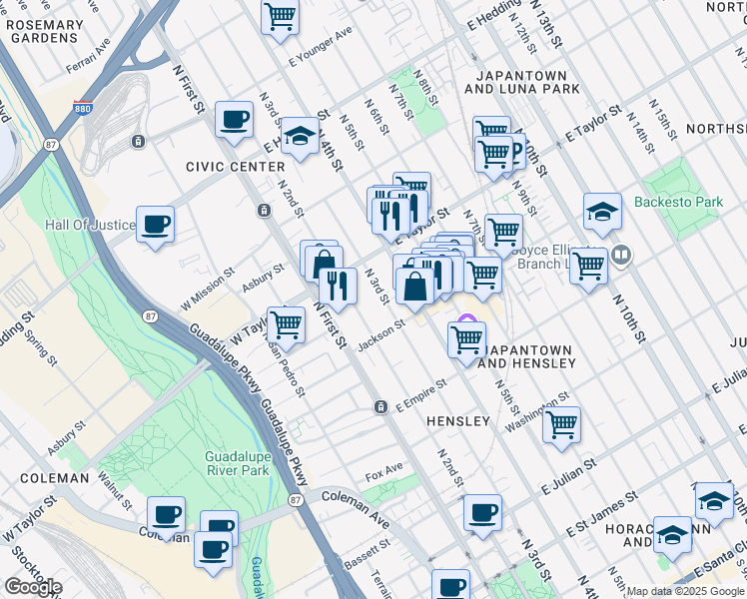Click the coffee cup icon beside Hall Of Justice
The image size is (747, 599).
[156, 224]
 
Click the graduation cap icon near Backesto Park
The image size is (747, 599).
[602, 213]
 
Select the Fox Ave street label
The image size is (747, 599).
[384, 469]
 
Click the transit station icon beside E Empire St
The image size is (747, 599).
[380, 407]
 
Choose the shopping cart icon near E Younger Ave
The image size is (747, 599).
[281, 15]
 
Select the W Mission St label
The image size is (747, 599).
[207, 288]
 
